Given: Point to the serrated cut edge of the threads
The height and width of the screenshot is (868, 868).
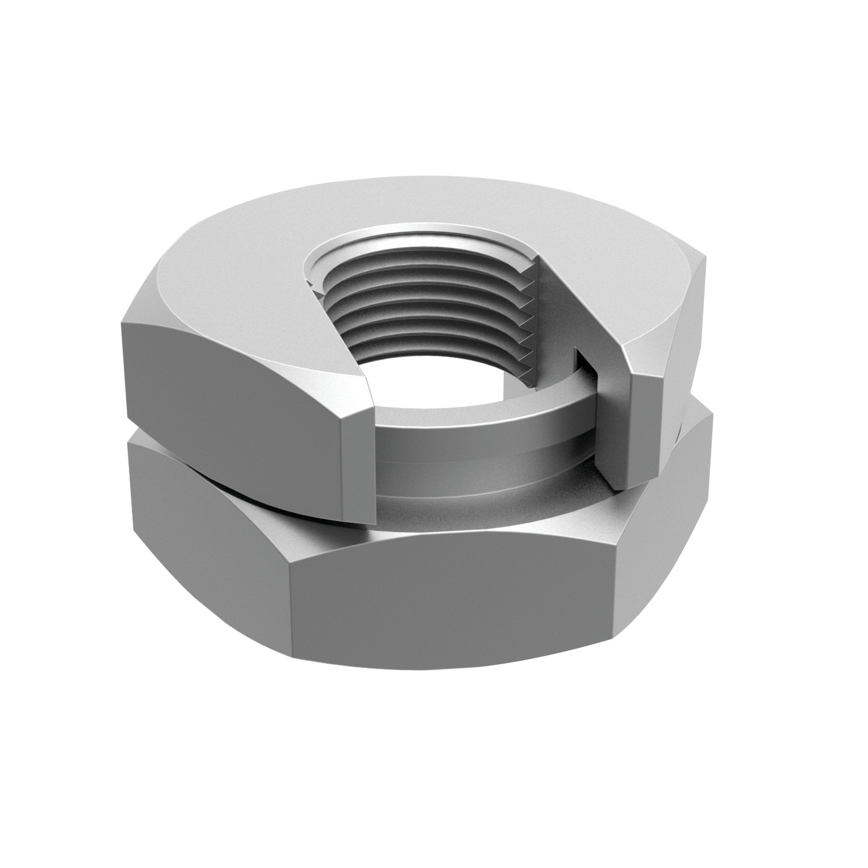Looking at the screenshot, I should [535, 324].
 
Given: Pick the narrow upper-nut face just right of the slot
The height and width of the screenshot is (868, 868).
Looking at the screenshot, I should [642, 428].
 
